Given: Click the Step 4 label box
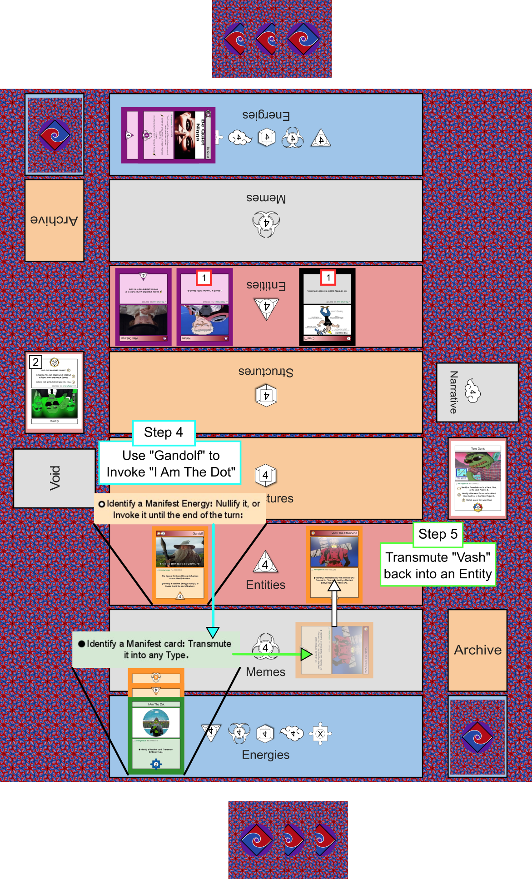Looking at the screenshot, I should (164, 432).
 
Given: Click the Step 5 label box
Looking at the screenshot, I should (438, 534).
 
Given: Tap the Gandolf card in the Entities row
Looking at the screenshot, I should (180, 565).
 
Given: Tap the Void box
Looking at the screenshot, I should (55, 478).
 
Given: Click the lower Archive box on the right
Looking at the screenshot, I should (477, 650).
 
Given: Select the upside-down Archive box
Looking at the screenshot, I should (55, 220).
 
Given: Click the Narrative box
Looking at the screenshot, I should (477, 392).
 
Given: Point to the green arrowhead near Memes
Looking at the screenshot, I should (306, 654).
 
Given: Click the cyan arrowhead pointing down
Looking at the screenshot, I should (213, 632).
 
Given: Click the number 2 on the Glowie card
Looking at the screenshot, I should (35, 362).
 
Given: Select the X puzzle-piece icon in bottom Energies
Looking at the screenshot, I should (320, 734).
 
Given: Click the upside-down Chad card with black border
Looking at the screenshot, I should (327, 307).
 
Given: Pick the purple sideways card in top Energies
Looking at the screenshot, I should (168, 135).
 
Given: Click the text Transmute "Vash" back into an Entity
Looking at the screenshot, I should (438, 566).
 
